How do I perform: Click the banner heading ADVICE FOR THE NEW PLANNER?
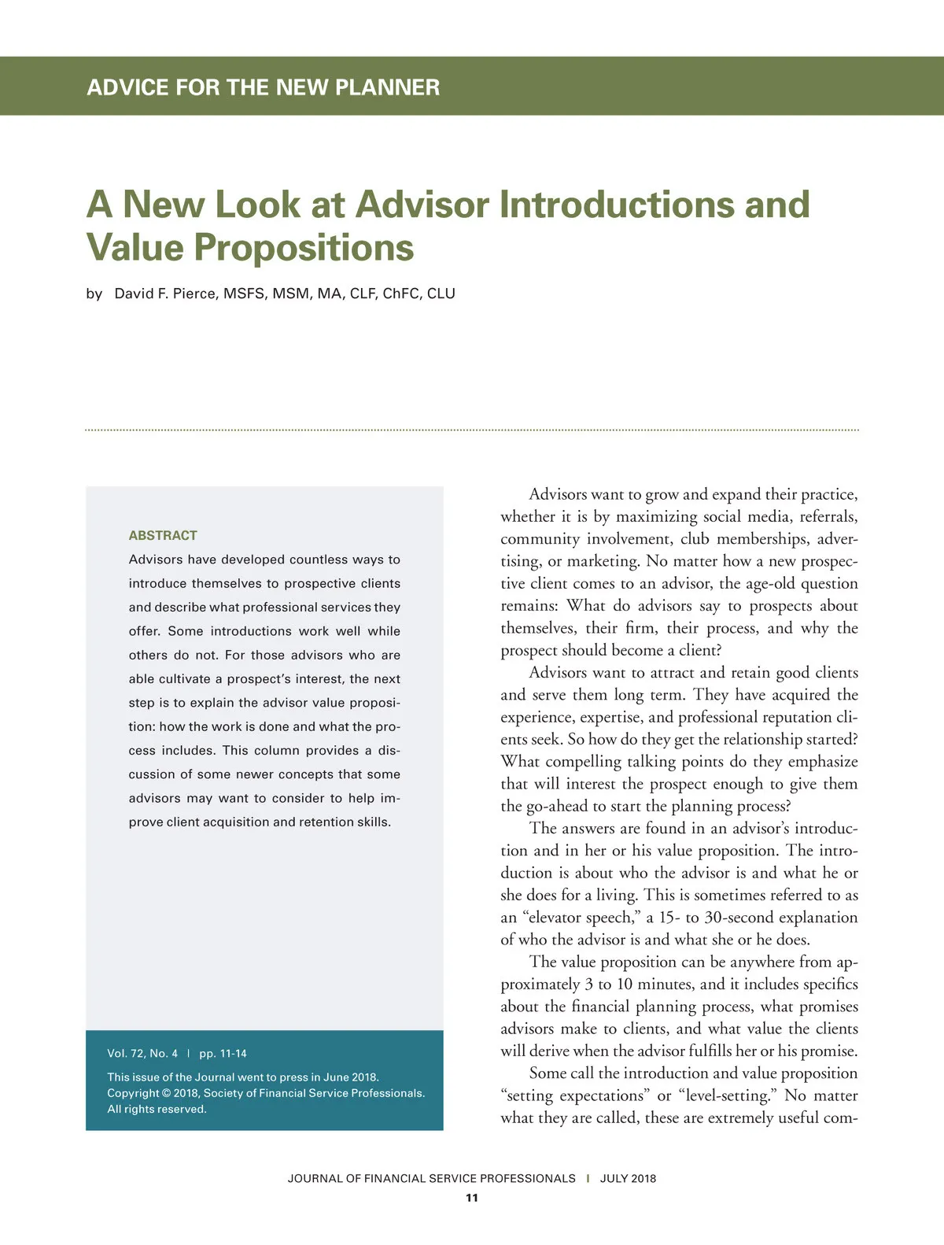pyautogui.click(x=263, y=87)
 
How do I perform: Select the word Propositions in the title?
pyautogui.click(x=304, y=247)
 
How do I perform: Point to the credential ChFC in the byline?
pyautogui.click(x=400, y=294)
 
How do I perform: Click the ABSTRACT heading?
pyautogui.click(x=163, y=535)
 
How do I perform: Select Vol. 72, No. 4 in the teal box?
pyautogui.click(x=142, y=1053)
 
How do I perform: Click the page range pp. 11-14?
pyautogui.click(x=223, y=1053)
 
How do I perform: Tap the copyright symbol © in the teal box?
pyautogui.click(x=165, y=1093)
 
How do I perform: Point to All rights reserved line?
pyautogui.click(x=157, y=1109)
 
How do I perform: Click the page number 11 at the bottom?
pyautogui.click(x=472, y=1198)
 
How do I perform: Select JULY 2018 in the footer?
pyautogui.click(x=628, y=1178)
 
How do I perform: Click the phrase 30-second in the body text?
pyautogui.click(x=742, y=918)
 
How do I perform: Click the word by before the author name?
pyautogui.click(x=94, y=294)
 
